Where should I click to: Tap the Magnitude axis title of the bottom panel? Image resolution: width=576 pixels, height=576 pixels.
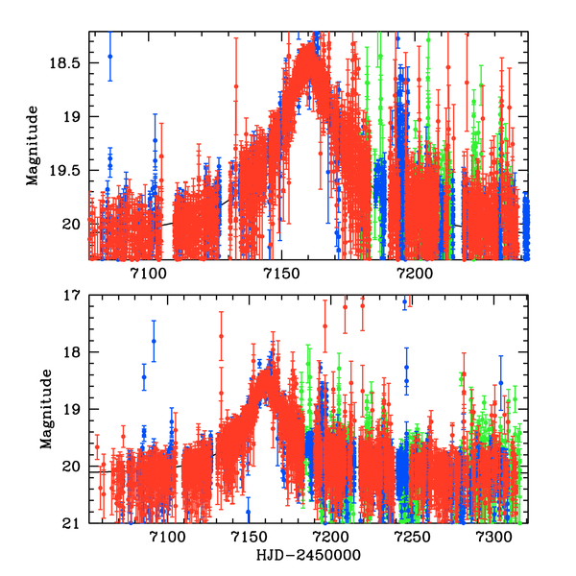(x=44, y=409)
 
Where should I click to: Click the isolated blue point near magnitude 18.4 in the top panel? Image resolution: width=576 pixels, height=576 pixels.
(x=109, y=56)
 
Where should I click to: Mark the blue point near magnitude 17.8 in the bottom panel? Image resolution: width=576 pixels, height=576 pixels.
(x=153, y=341)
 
